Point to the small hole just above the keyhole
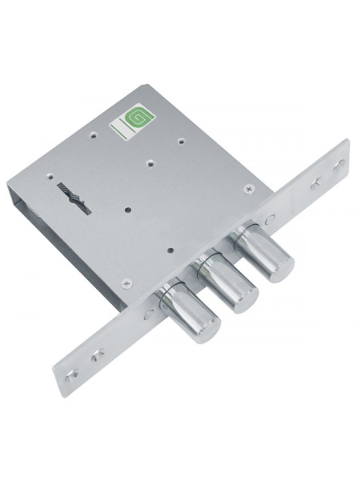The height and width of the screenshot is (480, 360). [50, 177]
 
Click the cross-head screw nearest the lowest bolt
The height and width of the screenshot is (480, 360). [127, 283]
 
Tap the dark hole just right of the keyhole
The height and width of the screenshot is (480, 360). [128, 210]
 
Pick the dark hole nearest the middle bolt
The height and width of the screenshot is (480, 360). [172, 250]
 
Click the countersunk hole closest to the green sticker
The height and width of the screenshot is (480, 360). [94, 134]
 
